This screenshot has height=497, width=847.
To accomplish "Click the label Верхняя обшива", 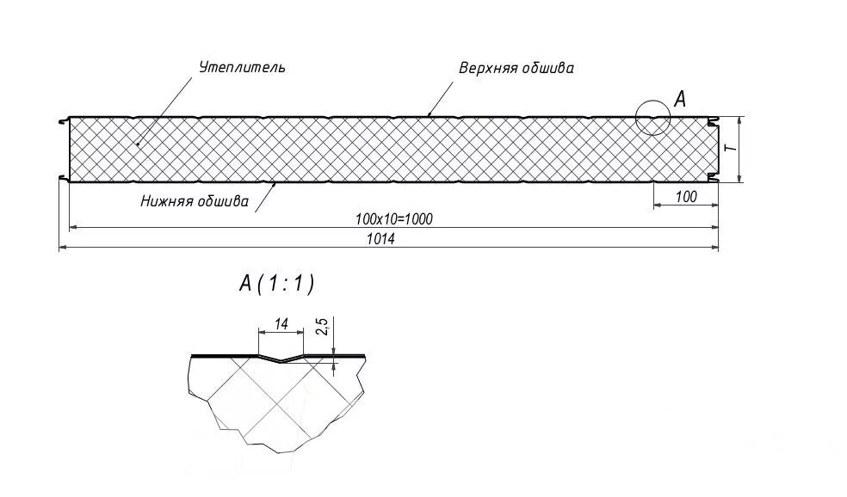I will [x=516, y=68].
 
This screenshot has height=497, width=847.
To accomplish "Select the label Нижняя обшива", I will [x=195, y=203].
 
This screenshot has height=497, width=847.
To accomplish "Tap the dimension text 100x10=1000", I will [x=393, y=219].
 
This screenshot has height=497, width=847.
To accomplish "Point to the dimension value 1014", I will [x=380, y=240].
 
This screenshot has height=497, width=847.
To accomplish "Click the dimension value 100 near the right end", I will [x=685, y=198].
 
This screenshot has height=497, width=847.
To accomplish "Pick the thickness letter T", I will [x=729, y=148].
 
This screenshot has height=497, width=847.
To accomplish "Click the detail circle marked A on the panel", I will [x=653, y=117].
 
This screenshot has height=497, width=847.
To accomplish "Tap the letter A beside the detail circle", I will [x=679, y=99].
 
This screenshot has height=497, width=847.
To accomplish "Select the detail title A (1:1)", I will [x=275, y=284].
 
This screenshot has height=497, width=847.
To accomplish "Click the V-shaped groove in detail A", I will [x=281, y=358].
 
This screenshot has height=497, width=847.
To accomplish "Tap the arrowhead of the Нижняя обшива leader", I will [x=274, y=181].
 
